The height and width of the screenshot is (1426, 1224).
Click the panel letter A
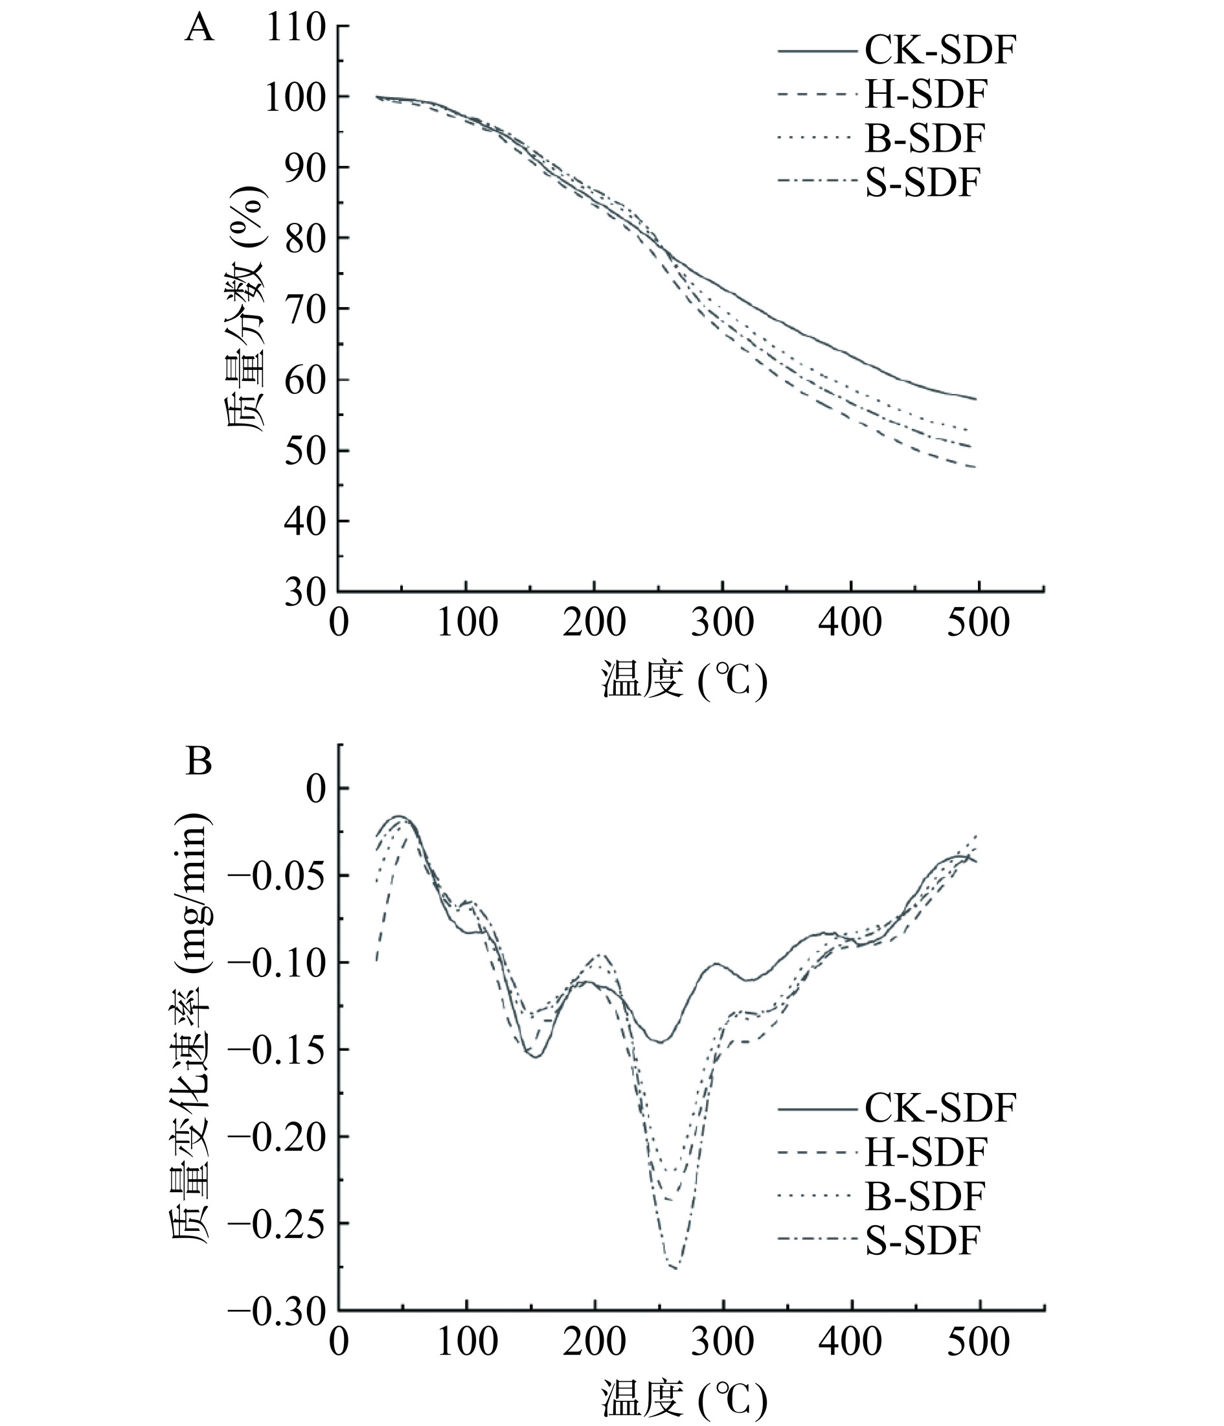pos(199,30)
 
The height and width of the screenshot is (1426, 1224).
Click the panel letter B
pos(199,762)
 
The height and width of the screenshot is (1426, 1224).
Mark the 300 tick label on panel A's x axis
pos(723,623)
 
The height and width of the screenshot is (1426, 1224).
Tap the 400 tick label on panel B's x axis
pos(851,1342)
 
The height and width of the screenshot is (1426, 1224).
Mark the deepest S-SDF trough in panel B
pos(674,1268)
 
